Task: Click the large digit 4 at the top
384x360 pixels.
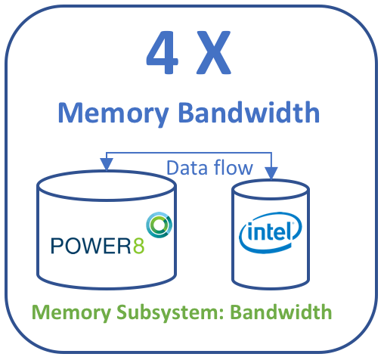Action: click(x=163, y=52)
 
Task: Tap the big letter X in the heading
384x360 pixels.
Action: click(x=214, y=52)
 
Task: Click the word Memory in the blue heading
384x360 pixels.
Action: click(x=113, y=113)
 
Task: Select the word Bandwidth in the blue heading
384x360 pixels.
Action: click(x=249, y=112)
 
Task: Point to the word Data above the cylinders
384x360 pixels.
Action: click(x=187, y=168)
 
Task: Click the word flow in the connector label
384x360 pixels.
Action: click(x=234, y=167)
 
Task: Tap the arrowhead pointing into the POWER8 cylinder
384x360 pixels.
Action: click(x=107, y=164)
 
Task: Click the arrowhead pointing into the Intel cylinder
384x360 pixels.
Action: click(x=271, y=173)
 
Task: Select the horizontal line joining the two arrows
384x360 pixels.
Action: click(x=189, y=153)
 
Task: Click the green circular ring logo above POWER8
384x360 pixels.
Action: click(x=159, y=225)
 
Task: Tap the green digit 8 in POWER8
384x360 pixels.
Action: click(x=138, y=246)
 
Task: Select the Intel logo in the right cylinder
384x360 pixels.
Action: click(x=270, y=233)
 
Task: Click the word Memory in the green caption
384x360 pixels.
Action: click(x=71, y=313)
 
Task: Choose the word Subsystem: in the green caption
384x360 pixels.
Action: click(x=171, y=312)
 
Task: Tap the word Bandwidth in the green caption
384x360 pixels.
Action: click(x=281, y=312)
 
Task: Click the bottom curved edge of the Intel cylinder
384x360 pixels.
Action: click(x=271, y=288)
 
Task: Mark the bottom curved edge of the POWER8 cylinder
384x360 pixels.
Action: click(x=107, y=288)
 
